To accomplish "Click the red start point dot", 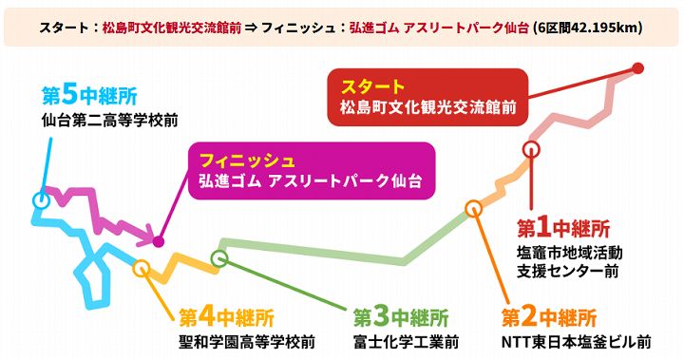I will (638, 67).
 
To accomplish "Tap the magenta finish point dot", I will (159, 241).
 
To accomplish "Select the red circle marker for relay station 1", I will (531, 148).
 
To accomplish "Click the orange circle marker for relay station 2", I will (473, 208).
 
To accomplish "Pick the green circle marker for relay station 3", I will (219, 257).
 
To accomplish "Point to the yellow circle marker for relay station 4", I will (142, 268).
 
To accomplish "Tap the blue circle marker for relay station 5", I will (40, 200).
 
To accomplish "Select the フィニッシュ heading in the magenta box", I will (248, 159).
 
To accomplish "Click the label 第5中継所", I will (88, 96).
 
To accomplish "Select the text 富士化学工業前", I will (406, 341).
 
